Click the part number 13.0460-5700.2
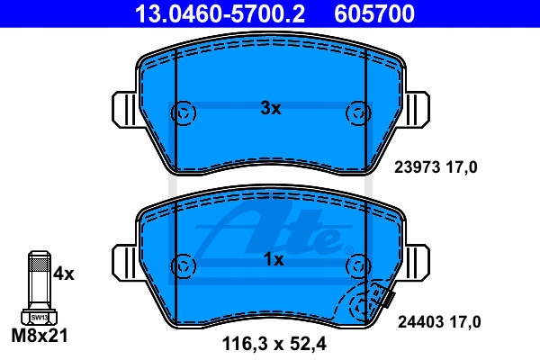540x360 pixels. [x=220, y=13]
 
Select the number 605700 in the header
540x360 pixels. [x=374, y=13]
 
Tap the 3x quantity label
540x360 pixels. [x=271, y=109]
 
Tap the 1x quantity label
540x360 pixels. [x=274, y=260]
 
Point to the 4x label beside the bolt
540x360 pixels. [x=64, y=274]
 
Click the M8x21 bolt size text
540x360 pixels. [x=40, y=335]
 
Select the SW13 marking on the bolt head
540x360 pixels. [x=40, y=318]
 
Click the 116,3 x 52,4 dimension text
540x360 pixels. [x=274, y=344]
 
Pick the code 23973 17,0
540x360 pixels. [x=436, y=167]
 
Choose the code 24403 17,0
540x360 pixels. [x=439, y=322]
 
